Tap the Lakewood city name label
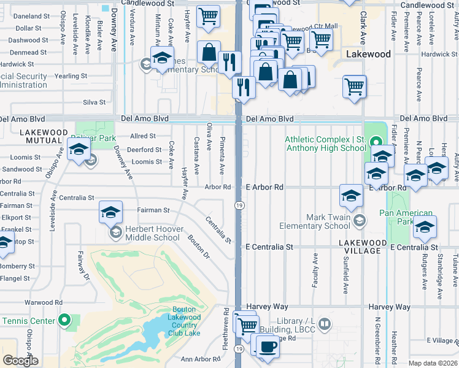point(368,54)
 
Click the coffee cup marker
point(266,347)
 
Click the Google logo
point(20,360)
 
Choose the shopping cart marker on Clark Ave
point(354,86)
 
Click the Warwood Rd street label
point(44,302)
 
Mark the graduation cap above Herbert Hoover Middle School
point(110,212)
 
